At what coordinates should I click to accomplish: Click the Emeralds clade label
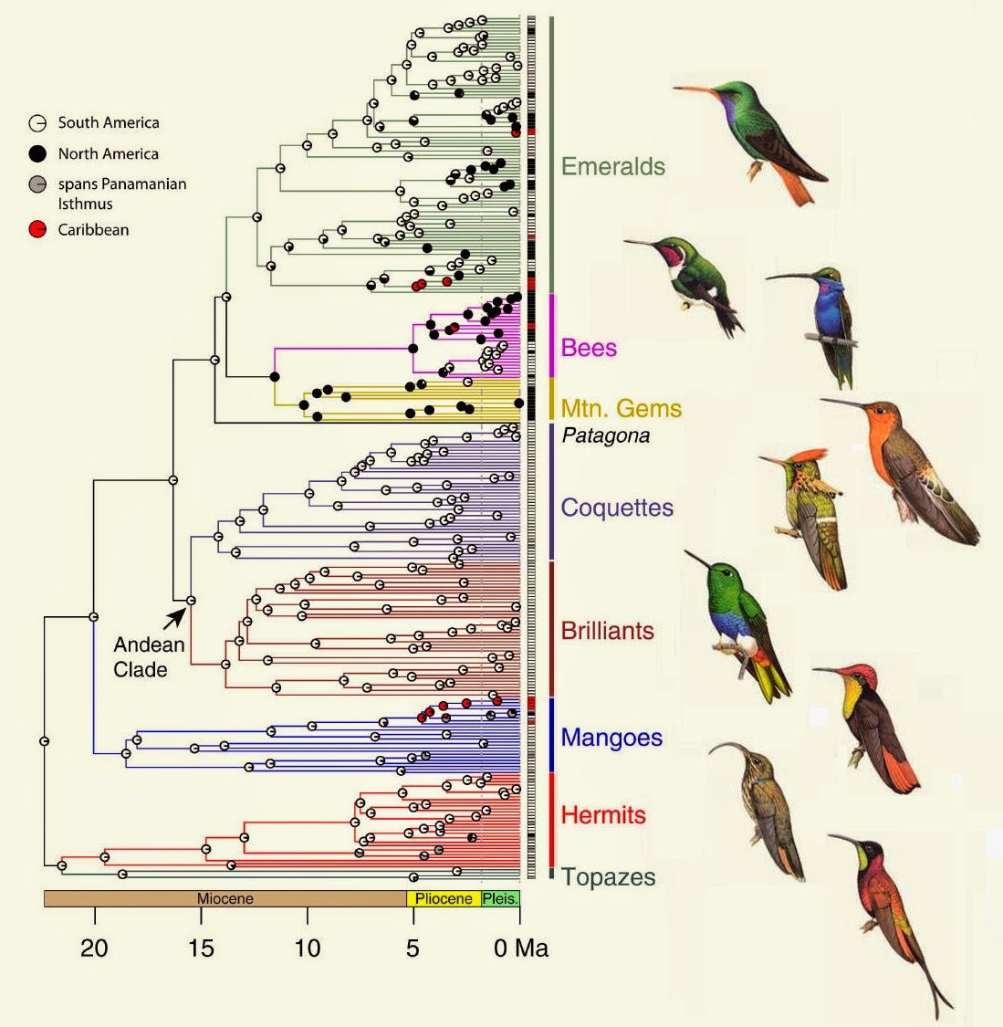coord(612,166)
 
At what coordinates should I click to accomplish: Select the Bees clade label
coord(589,348)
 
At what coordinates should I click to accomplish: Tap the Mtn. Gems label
coord(621,408)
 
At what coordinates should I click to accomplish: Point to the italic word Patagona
coord(605,435)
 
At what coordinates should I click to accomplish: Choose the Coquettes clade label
coord(617,508)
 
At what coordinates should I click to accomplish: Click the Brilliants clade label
coord(607,631)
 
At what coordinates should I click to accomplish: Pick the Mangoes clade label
coord(611,738)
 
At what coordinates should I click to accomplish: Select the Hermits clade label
coord(603,814)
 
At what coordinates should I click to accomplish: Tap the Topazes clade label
coord(608,877)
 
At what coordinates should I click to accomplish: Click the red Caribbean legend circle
coord(37,230)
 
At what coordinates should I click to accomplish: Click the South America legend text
coord(108,122)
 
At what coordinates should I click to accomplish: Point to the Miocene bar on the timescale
coord(225,898)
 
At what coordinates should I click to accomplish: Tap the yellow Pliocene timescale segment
coord(444,898)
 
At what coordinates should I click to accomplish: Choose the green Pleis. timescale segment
coord(500,898)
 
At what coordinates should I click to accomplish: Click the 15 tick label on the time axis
coord(201,948)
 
